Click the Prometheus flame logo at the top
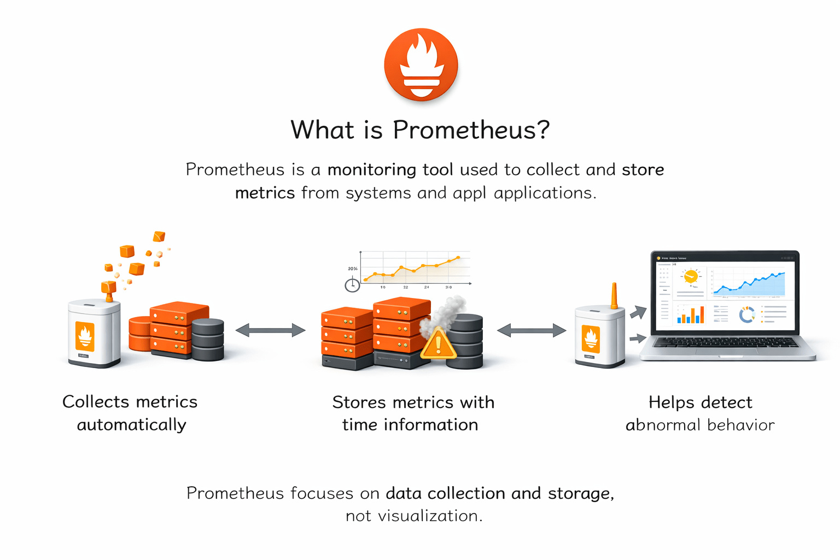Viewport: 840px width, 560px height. click(421, 65)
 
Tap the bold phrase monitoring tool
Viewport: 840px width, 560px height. click(390, 170)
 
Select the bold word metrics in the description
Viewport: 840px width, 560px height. click(265, 193)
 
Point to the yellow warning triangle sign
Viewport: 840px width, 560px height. click(437, 345)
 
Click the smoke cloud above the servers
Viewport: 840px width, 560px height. click(446, 312)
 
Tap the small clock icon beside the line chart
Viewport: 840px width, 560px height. click(352, 285)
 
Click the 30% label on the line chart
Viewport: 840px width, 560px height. click(352, 269)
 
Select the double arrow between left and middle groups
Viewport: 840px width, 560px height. click(270, 330)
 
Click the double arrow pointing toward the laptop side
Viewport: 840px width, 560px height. click(531, 330)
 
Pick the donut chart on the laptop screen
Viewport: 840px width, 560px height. click(746, 315)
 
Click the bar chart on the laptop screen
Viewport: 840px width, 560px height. click(690, 315)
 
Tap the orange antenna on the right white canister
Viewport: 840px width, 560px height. click(614, 296)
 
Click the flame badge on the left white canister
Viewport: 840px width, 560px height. click(85, 336)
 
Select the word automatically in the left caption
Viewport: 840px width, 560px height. click(131, 425)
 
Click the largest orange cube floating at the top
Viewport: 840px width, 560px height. click(136, 269)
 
